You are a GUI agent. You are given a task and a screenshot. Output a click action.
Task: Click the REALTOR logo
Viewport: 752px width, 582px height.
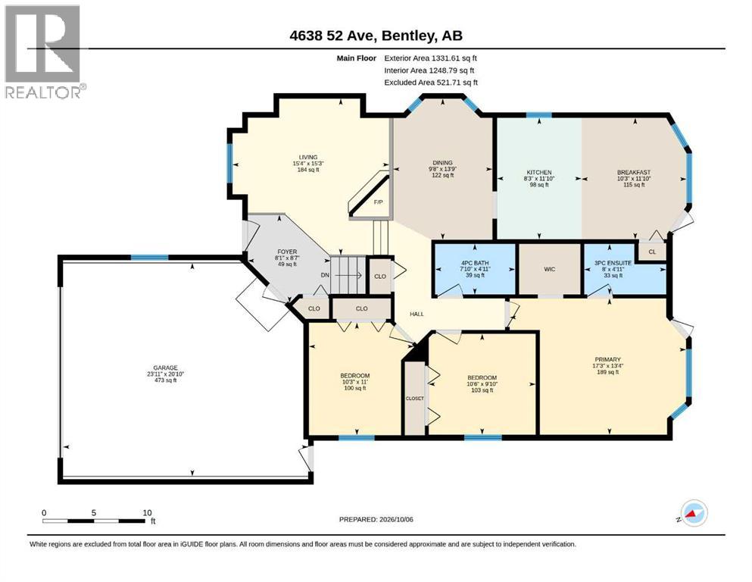(45, 52)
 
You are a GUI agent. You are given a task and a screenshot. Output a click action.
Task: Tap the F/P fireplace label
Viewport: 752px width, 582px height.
(379, 202)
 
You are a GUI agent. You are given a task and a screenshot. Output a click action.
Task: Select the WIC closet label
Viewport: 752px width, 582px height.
(550, 269)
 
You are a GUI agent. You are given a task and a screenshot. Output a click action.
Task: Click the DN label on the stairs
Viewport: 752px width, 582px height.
(325, 275)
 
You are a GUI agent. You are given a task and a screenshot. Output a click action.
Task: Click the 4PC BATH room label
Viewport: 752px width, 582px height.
(475, 263)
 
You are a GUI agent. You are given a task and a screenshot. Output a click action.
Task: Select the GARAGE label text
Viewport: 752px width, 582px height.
(165, 368)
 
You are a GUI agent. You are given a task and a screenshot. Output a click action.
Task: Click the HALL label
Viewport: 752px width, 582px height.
(417, 314)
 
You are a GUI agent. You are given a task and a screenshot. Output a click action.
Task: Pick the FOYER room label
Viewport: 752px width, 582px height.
(287, 252)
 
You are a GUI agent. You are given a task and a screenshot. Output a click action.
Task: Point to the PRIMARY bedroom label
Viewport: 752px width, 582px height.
(607, 359)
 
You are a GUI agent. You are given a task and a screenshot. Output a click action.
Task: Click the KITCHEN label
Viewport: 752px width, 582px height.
(539, 172)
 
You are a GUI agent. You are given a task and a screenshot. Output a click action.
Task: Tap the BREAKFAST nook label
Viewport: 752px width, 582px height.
(634, 172)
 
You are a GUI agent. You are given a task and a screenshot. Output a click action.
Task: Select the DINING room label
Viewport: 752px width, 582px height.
(443, 163)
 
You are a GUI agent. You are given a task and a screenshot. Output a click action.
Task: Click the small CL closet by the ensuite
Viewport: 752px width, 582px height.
(652, 252)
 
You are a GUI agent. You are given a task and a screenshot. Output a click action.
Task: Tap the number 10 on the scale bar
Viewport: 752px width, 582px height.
(147, 512)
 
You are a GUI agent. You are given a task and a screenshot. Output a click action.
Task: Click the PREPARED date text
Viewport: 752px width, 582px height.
(376, 519)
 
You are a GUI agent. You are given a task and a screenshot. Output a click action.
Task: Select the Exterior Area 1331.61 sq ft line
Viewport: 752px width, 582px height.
(430, 58)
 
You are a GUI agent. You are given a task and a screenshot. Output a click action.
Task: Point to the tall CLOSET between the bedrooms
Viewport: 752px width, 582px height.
(415, 399)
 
